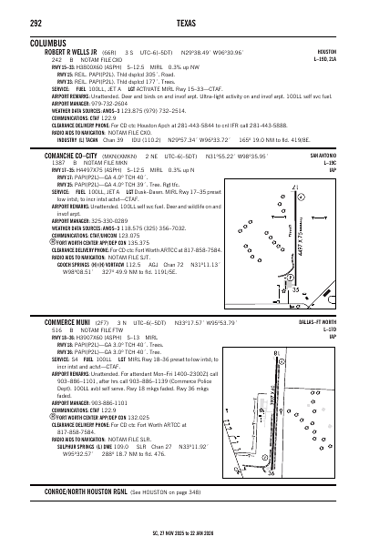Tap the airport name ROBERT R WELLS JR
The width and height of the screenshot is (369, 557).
coord(76,53)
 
